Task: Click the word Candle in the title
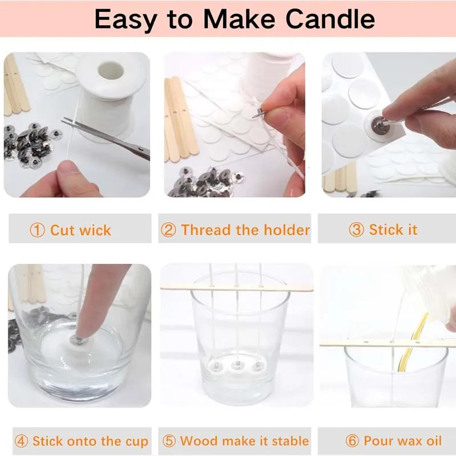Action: (330, 19)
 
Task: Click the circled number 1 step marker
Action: (38, 230)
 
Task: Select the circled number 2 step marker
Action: (168, 230)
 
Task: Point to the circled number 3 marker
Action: (356, 230)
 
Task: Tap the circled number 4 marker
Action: (22, 441)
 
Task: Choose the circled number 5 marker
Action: (169, 441)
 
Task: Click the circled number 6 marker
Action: (352, 441)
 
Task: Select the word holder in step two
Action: (287, 230)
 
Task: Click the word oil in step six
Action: (434, 441)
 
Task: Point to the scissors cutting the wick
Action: (106, 137)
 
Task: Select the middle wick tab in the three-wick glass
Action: (238, 365)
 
